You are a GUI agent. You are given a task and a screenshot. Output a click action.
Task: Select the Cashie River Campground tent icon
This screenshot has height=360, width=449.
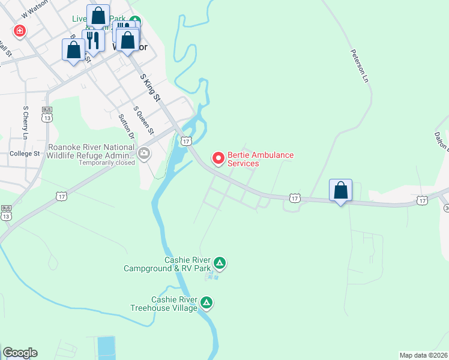click(x=220, y=263)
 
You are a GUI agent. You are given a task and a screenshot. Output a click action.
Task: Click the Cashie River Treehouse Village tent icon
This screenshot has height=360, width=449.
click(x=206, y=302)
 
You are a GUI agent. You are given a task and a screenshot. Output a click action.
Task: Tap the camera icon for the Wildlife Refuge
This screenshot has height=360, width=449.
click(x=144, y=154)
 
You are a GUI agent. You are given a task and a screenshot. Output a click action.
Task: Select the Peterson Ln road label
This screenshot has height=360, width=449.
click(x=359, y=65)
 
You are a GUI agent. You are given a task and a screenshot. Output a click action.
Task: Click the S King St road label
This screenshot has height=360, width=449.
click(x=151, y=88)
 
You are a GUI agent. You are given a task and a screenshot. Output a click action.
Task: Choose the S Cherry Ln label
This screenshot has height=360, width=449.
click(x=26, y=123)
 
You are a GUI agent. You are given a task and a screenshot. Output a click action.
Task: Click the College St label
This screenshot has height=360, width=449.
click(x=25, y=154)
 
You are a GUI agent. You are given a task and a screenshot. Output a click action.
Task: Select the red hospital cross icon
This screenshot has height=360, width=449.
click(x=20, y=31)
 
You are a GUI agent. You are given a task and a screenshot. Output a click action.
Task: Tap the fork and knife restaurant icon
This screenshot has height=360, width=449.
click(x=92, y=40)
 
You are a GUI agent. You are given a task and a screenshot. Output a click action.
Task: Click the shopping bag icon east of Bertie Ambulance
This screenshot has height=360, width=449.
click(x=340, y=190)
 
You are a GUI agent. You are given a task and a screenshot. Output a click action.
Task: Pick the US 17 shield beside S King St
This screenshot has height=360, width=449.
click(x=186, y=141)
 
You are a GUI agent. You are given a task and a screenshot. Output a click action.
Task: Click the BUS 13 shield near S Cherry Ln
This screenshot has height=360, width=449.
click(x=47, y=113)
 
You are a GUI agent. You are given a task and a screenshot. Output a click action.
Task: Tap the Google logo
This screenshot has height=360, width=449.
click(x=20, y=353)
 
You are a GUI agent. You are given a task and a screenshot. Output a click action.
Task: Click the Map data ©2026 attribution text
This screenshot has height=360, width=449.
click(x=423, y=355)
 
